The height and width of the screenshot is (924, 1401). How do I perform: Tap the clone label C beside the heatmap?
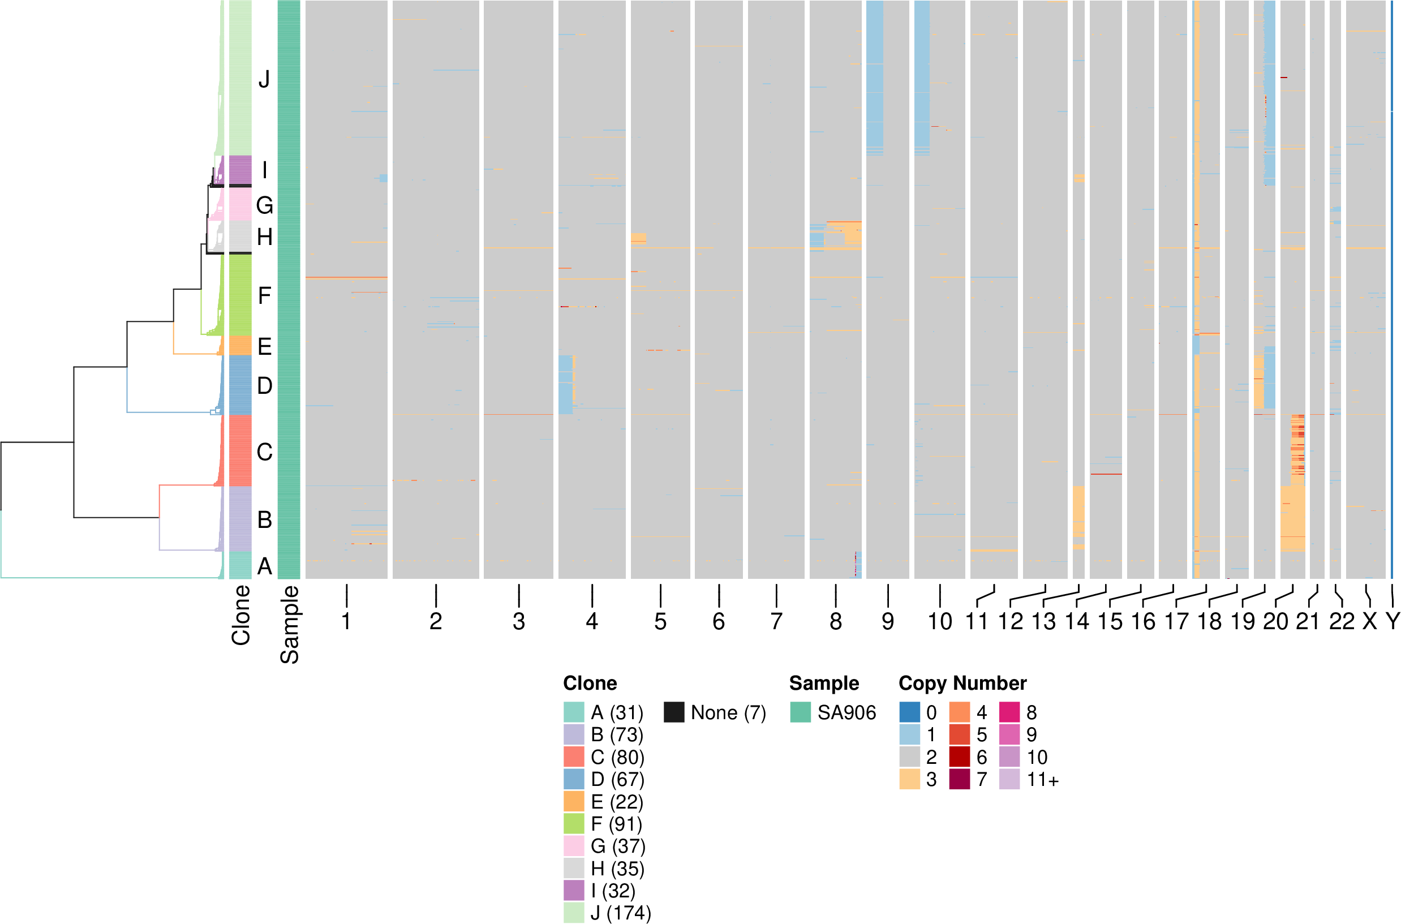point(265,452)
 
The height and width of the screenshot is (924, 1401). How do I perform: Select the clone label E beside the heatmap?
point(265,346)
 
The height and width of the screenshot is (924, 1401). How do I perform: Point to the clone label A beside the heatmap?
point(265,566)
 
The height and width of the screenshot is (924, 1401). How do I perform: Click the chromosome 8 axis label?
point(835,622)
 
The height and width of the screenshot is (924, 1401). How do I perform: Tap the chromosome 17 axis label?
point(1176,622)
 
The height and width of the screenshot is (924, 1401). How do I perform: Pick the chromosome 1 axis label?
point(346,622)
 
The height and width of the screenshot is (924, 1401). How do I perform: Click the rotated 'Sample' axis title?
point(289,625)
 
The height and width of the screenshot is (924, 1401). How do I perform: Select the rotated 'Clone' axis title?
point(241,615)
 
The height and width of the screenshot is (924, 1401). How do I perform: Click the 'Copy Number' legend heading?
point(962,683)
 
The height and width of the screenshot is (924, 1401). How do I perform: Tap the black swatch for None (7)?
point(674,712)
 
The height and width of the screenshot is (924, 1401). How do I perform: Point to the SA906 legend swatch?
point(800,712)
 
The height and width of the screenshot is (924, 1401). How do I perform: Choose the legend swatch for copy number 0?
point(910,712)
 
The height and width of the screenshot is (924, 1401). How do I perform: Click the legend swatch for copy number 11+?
point(1009,779)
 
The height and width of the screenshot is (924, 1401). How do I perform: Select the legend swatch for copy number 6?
point(959,757)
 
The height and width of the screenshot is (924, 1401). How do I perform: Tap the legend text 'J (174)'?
point(621,913)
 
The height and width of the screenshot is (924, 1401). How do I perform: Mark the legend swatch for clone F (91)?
point(574,823)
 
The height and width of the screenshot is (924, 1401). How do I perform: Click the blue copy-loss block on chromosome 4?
point(565,385)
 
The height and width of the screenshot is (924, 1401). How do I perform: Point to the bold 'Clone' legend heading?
point(590,683)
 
